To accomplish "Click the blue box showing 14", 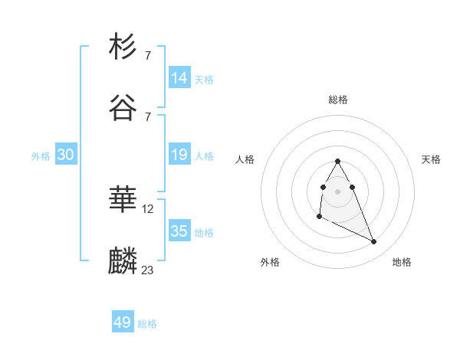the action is tap(179, 77).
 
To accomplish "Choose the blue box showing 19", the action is tap(179, 155).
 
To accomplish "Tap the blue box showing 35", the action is tap(179, 231).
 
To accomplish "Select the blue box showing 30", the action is tap(66, 155).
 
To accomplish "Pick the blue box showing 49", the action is tap(123, 322).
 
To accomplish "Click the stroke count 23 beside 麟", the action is tap(148, 270).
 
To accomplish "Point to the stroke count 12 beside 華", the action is tap(148, 208).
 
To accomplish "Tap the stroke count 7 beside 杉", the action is tap(147, 56).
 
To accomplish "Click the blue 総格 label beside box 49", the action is tap(147, 324).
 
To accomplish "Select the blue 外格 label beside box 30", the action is tap(41, 156).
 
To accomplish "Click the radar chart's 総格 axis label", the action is tap(337, 100).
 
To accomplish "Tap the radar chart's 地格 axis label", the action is tap(402, 262).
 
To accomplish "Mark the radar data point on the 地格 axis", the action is tap(374, 242).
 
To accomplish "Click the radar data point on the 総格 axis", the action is tap(337, 161).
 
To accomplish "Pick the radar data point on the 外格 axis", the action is tap(319, 217).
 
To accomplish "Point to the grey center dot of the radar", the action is tap(337, 191).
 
